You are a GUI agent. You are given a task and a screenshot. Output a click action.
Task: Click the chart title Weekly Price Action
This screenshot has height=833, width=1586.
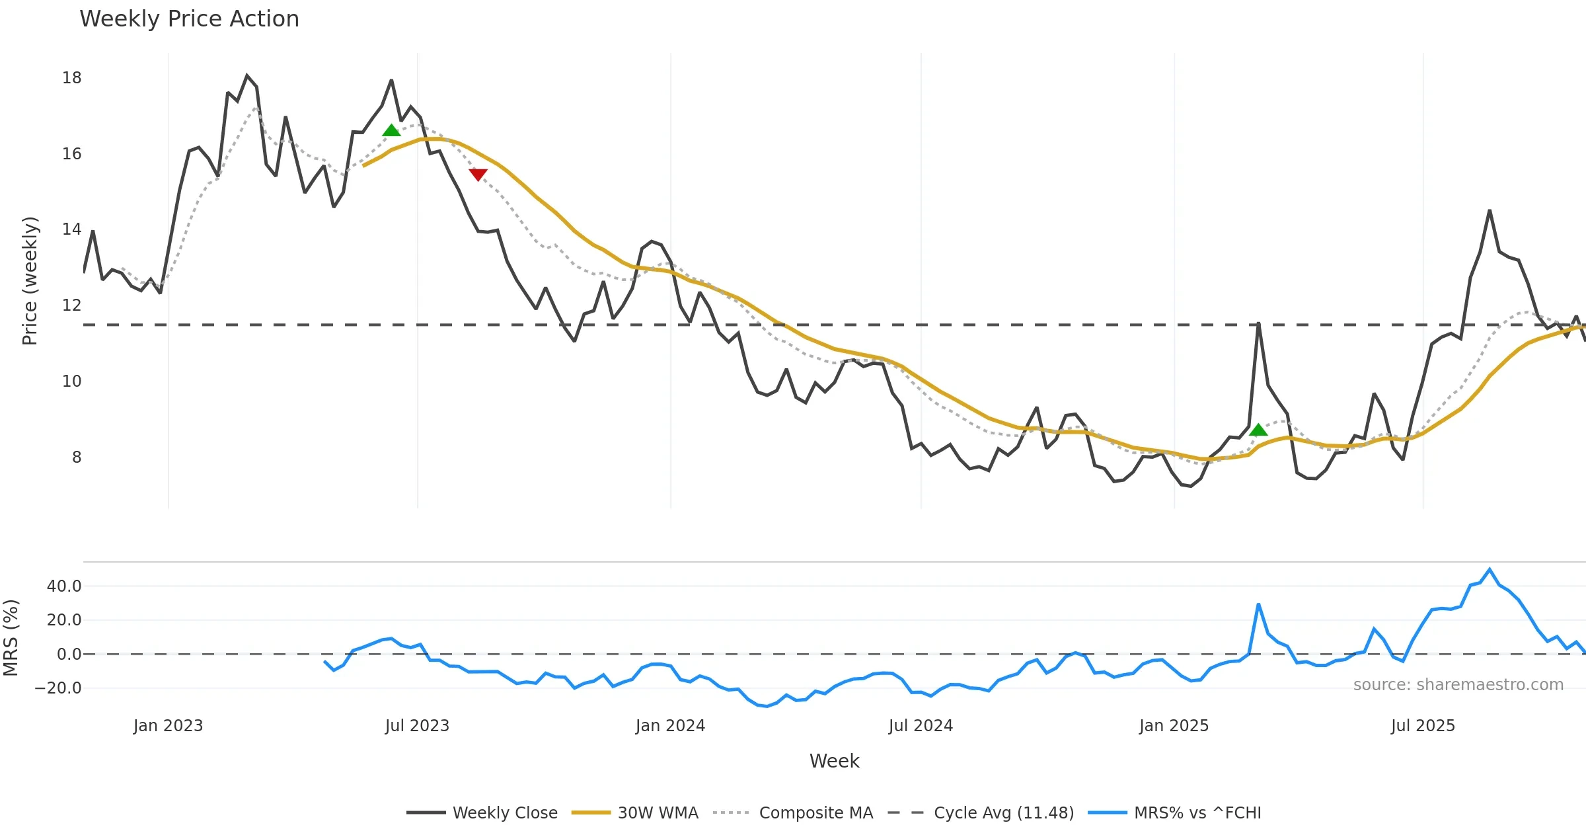pos(189,19)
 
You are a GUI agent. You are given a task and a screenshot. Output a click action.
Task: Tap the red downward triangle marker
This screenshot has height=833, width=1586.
pos(478,175)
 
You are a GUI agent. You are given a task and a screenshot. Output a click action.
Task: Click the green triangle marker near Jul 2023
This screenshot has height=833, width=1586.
pos(391,130)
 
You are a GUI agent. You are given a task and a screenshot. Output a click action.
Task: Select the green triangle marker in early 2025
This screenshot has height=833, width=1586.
pos(1258,430)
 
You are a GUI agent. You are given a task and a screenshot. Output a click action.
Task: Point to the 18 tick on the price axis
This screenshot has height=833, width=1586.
pos(71,78)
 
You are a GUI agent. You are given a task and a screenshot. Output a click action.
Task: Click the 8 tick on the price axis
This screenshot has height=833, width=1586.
pos(76,457)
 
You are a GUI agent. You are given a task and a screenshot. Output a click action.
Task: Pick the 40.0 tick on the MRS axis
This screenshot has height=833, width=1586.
pos(64,586)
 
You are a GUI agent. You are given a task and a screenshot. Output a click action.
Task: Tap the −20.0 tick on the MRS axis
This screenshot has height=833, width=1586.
pos(58,688)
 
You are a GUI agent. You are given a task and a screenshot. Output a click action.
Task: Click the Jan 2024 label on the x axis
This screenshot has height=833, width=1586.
pos(670,726)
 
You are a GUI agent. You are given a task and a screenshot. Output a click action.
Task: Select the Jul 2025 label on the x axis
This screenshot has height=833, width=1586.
pos(1423,726)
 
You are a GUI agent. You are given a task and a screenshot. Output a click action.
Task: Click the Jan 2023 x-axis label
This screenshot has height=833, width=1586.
pos(168,726)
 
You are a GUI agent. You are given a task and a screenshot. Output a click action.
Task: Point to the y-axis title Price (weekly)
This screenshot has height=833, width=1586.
pos(30,281)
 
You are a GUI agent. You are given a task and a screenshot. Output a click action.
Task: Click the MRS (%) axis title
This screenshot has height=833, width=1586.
pos(11,637)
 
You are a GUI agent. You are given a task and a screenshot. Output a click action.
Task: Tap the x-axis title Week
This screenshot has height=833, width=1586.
pos(834,762)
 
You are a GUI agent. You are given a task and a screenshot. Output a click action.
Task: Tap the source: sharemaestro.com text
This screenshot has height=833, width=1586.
pos(1458,685)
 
